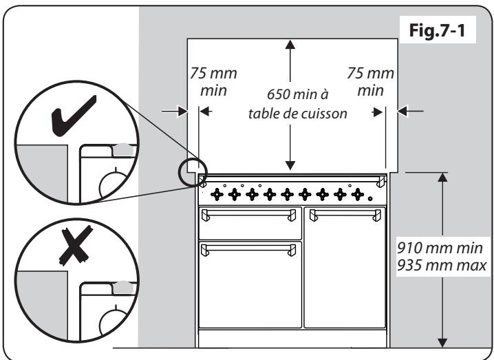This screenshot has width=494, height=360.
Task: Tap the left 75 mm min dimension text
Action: [x=205, y=82]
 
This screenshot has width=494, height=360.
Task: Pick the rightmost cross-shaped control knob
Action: [x=357, y=194]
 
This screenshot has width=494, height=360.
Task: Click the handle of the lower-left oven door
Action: [x=249, y=246]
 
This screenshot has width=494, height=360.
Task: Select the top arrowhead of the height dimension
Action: [x=443, y=178]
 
